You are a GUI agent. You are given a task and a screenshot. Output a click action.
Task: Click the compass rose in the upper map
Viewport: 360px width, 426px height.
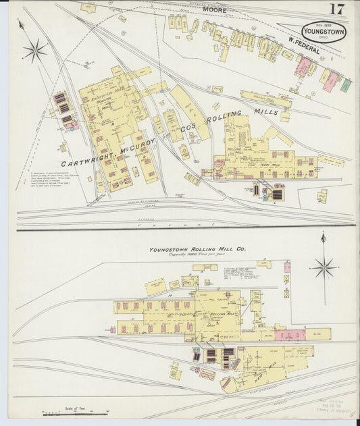[x=34, y=49]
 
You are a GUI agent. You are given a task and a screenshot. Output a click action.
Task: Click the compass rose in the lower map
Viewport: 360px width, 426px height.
[x=324, y=268]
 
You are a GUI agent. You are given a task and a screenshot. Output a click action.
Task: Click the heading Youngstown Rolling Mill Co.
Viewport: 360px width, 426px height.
[x=198, y=249]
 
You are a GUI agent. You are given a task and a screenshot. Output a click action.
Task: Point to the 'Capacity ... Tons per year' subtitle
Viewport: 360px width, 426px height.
[x=198, y=255]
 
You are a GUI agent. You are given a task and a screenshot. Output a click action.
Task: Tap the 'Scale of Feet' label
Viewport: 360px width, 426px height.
[x=76, y=407]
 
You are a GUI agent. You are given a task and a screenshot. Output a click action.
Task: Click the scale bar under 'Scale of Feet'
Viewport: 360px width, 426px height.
[x=76, y=412]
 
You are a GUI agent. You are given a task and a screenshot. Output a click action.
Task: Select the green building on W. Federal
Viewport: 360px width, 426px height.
[x=346, y=86]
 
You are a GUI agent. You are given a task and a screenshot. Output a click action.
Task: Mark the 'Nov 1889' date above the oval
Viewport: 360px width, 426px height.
[x=324, y=21]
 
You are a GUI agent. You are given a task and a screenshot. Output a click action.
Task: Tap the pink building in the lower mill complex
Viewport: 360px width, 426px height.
[x=290, y=335]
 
